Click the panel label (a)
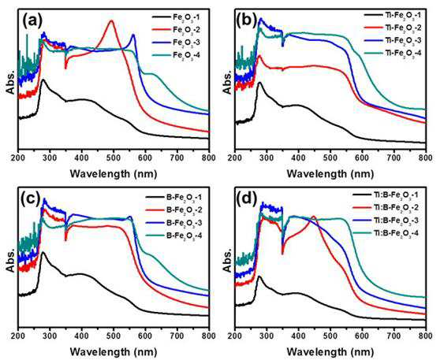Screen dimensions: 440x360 pos(32,20)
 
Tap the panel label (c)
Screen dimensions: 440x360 pos(32,199)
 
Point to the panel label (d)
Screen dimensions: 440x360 pos(248,199)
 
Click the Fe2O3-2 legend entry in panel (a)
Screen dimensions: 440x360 pos(176,29)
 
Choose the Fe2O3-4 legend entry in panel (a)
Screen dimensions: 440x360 pos(176,54)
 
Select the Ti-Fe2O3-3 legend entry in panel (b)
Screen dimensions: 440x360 pos(393,40)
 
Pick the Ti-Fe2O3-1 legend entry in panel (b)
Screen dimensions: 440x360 pos(393,15)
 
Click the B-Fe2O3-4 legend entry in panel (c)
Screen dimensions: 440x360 pos(173,235)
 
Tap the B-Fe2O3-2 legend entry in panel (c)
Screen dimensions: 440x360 pos(173,210)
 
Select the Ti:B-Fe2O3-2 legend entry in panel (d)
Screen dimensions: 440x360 pos(386,207)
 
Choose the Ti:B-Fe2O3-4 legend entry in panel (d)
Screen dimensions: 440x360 pos(386,232)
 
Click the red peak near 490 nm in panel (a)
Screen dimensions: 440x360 pos(112,20)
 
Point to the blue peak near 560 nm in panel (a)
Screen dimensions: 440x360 pos(133,35)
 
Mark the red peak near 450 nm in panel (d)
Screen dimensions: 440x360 pos(314,216)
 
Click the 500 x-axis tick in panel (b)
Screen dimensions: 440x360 pos(330,158)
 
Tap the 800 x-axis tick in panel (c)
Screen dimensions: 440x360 pos(209,336)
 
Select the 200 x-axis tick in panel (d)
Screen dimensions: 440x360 pos(235,336)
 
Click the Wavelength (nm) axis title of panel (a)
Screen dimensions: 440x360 pos(114,174)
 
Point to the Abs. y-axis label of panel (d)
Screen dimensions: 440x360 pos(228,260)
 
